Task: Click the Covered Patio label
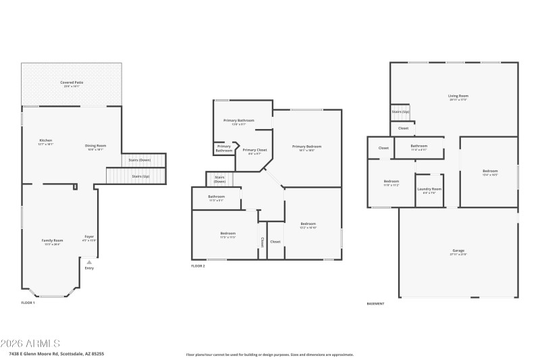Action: [x=72, y=84]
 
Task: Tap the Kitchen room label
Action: [x=46, y=142]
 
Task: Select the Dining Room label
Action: [x=95, y=147]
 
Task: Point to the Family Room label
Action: [x=52, y=242]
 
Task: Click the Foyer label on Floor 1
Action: [x=89, y=238]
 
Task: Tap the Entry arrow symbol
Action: [x=89, y=262]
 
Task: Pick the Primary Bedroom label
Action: [x=306, y=148]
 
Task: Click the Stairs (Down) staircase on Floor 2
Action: [x=219, y=180]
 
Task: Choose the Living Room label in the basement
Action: [x=458, y=97]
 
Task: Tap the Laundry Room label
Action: [x=429, y=190]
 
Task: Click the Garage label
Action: [x=458, y=252]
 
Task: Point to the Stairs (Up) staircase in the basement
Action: [x=401, y=112]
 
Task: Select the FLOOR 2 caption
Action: [x=198, y=266]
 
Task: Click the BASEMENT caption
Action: [x=375, y=303]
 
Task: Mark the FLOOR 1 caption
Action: [x=28, y=303]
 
